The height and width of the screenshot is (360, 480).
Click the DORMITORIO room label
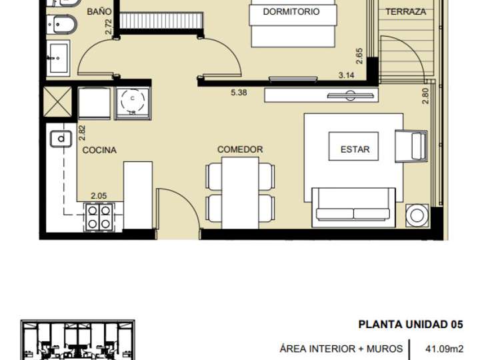pyautogui.click(x=291, y=11)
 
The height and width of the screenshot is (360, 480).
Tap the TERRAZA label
pyautogui.click(x=405, y=11)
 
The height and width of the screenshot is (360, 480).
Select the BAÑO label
pyautogui.click(x=99, y=12)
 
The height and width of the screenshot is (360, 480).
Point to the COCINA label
pyautogui.click(x=99, y=150)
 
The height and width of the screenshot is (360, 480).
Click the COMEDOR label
pyautogui.click(x=240, y=149)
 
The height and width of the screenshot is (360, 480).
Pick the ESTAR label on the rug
pyautogui.click(x=355, y=149)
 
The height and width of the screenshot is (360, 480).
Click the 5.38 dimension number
pyautogui.click(x=239, y=93)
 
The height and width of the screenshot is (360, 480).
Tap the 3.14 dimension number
pyautogui.click(x=346, y=75)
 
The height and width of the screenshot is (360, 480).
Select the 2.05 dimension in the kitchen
pyautogui.click(x=99, y=196)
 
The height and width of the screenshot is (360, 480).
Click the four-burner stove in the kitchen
pyautogui.click(x=99, y=216)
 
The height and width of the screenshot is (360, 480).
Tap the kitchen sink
pyautogui.click(x=61, y=139)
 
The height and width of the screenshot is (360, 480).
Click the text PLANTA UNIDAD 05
pyautogui.click(x=410, y=325)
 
